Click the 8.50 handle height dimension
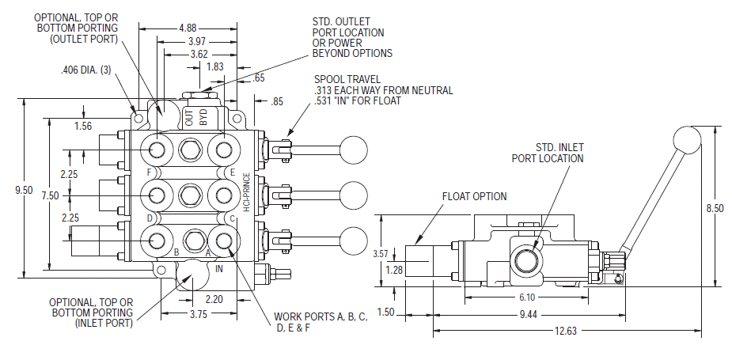[x=715, y=208]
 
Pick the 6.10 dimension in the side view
[x=528, y=297]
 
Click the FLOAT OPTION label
[x=474, y=196]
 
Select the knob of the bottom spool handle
[x=353, y=239]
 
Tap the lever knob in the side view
[x=686, y=140]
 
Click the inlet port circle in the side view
[x=526, y=257]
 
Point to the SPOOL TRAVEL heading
[x=347, y=79]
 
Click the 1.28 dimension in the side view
[x=393, y=269]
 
